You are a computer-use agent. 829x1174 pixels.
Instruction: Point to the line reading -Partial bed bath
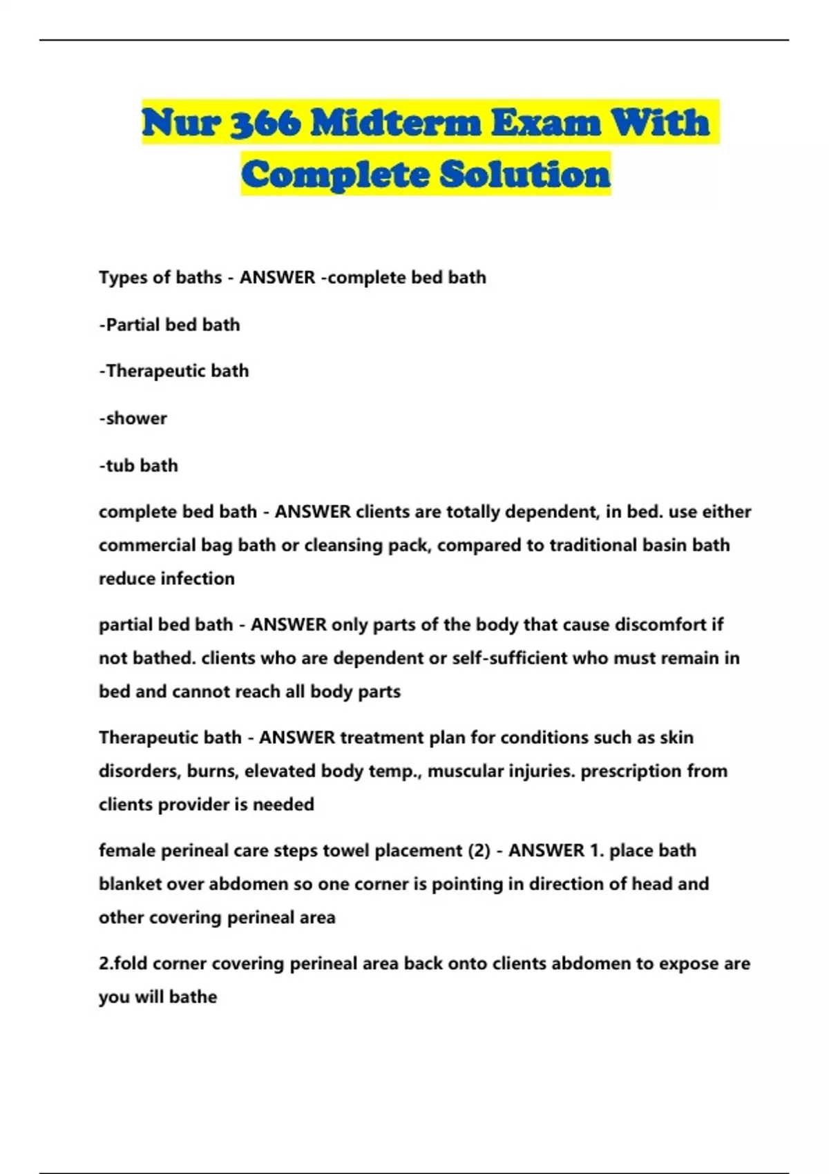(169, 325)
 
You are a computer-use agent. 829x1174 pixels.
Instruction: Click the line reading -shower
(133, 418)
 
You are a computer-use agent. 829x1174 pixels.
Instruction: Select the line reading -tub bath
(138, 465)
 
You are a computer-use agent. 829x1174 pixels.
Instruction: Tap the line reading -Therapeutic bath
(173, 371)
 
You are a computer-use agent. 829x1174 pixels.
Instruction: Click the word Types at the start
(122, 278)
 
